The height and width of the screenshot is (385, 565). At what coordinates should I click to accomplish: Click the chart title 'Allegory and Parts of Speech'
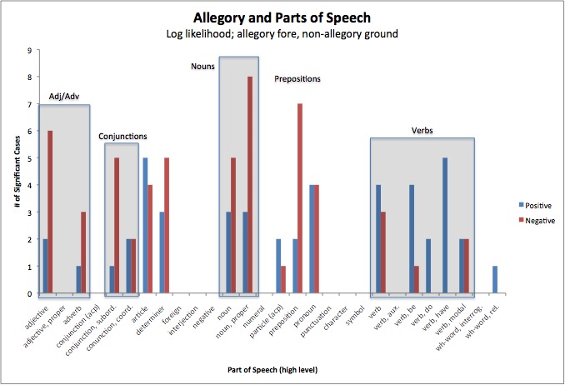pyautogui.click(x=283, y=17)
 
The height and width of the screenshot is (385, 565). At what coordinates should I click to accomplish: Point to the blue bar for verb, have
pyautogui.click(x=445, y=225)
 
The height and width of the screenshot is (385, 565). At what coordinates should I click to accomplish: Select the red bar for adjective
pyautogui.click(x=49, y=212)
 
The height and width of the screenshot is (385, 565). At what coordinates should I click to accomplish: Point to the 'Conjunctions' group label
pyautogui.click(x=122, y=136)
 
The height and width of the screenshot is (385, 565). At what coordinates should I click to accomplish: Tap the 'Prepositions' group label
pyautogui.click(x=297, y=79)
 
